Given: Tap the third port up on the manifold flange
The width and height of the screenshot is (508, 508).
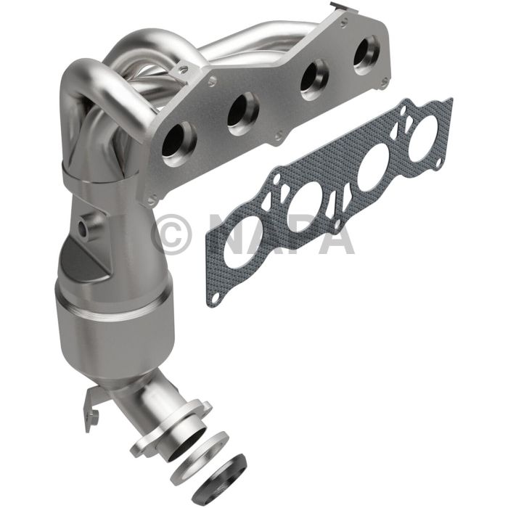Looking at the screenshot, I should (314, 78).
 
